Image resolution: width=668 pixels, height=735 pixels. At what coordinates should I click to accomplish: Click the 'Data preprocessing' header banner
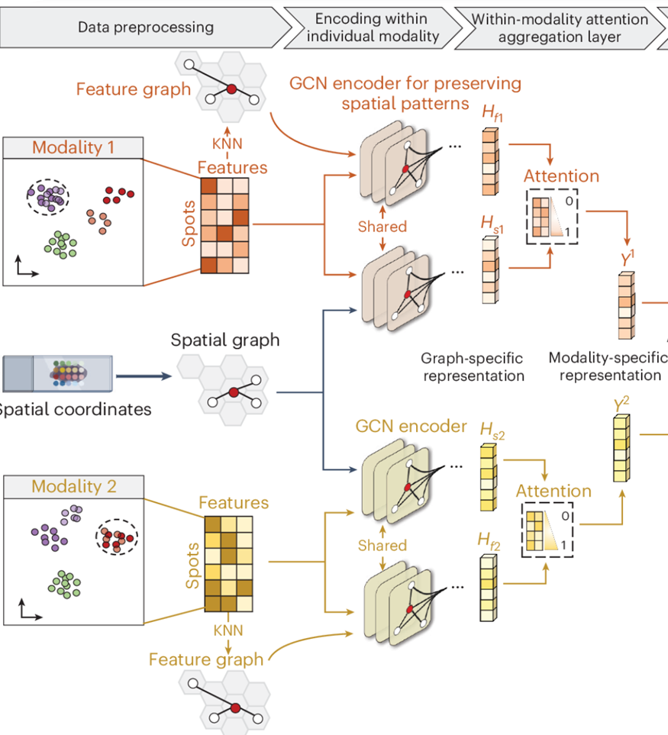pyautogui.click(x=145, y=27)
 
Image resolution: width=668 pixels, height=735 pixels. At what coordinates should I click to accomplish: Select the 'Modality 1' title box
pyautogui.click(x=73, y=147)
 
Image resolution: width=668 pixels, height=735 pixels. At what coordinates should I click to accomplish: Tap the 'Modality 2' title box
pyautogui.click(x=73, y=485)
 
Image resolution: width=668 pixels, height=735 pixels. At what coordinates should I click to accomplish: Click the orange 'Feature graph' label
pyautogui.click(x=133, y=89)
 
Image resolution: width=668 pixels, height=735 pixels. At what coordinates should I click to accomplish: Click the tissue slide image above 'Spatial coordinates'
pyautogui.click(x=57, y=375)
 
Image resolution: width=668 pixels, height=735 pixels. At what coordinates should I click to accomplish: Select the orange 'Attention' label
pyautogui.click(x=561, y=176)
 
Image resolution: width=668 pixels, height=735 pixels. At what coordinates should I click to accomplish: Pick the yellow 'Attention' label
pyautogui.click(x=553, y=491)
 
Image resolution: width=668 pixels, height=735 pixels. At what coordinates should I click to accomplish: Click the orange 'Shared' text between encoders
pyautogui.click(x=382, y=227)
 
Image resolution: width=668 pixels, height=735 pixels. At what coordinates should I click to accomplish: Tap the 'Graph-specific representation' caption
pyautogui.click(x=473, y=366)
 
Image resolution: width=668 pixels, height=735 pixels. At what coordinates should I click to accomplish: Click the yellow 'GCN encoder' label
pyautogui.click(x=411, y=425)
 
